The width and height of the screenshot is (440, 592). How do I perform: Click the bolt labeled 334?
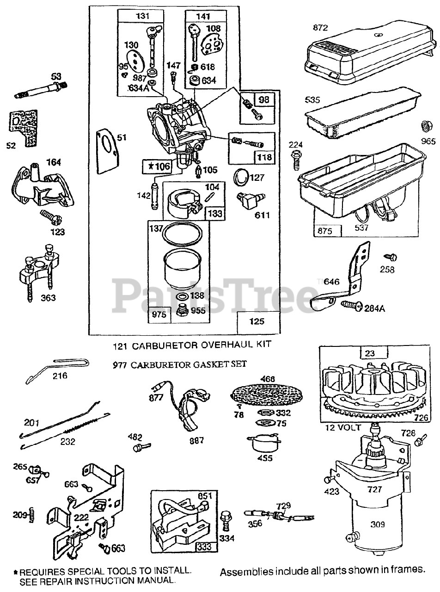tap(226, 520)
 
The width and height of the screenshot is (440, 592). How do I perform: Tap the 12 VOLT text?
tap(356, 428)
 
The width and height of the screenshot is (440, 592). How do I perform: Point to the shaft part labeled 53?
tap(39, 89)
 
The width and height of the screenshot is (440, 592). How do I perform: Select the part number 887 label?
tap(196, 441)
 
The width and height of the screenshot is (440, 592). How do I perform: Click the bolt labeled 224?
tap(296, 159)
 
